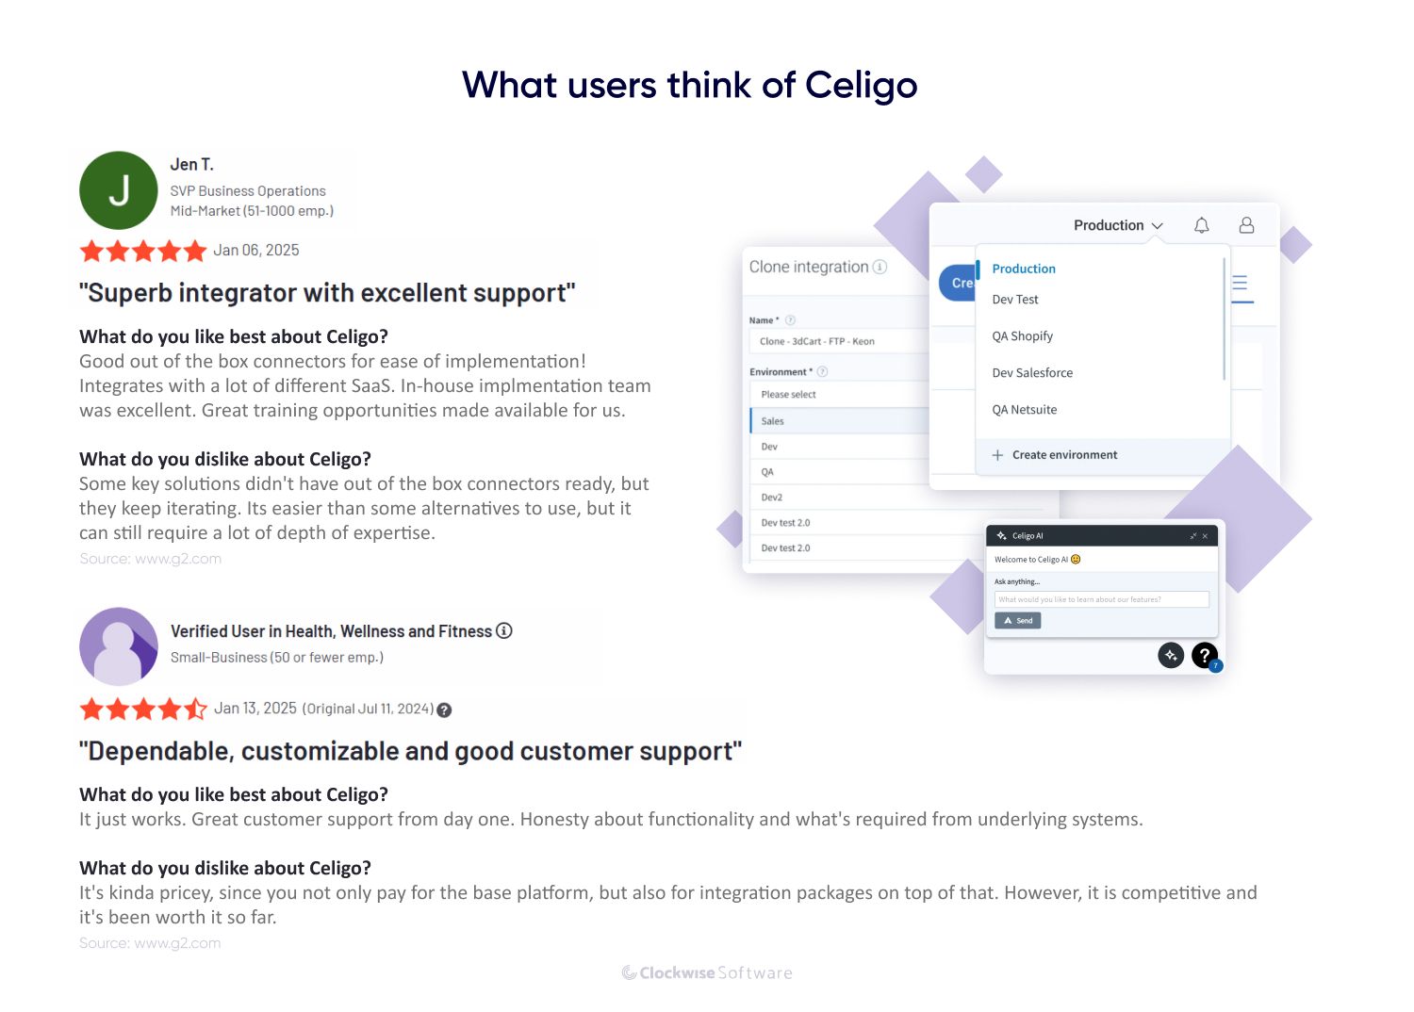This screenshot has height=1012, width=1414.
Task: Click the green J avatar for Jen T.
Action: [x=119, y=190]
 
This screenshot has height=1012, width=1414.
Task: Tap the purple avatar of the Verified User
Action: [x=119, y=646]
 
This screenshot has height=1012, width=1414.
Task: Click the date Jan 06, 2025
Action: [x=256, y=251]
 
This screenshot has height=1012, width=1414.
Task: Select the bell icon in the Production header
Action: [x=1201, y=225]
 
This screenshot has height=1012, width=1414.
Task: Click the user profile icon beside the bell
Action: [x=1246, y=225]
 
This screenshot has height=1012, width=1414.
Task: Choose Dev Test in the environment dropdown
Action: [x=1015, y=300]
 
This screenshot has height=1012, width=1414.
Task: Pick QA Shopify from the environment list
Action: [x=1023, y=336]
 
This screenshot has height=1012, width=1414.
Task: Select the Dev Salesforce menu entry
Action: [x=1032, y=373]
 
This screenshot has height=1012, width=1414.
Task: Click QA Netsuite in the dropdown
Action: [x=1025, y=410]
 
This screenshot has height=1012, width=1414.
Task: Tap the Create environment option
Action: [x=1064, y=455]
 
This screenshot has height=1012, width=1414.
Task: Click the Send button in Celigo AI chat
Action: [x=1018, y=621]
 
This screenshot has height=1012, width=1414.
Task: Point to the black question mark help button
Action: [x=1205, y=655]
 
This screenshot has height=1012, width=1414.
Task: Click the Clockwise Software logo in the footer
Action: [x=707, y=973]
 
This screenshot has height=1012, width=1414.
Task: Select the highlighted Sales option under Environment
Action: [x=773, y=421]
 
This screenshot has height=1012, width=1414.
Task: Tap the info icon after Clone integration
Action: [x=880, y=267]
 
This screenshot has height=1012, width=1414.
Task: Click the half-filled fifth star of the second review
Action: [x=195, y=709]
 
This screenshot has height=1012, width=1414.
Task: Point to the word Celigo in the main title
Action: [x=861, y=86]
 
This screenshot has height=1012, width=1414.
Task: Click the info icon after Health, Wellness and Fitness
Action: [x=504, y=630]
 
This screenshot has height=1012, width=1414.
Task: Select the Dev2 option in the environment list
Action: [x=772, y=498]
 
